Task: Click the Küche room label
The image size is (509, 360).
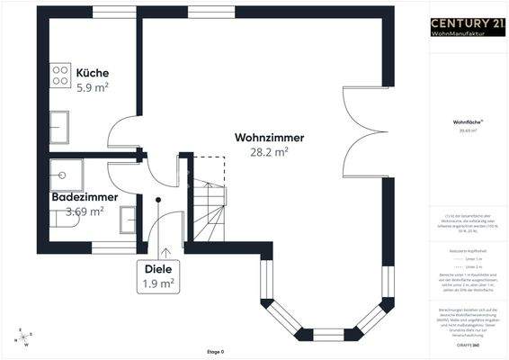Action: click(x=93, y=73)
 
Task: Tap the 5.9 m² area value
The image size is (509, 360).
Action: click(x=93, y=88)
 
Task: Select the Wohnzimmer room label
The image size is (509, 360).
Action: click(x=269, y=138)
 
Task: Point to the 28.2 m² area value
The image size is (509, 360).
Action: click(x=269, y=153)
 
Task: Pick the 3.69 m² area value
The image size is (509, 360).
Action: click(x=85, y=211)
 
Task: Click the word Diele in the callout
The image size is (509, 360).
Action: click(x=157, y=267)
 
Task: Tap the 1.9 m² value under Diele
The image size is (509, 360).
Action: click(x=157, y=283)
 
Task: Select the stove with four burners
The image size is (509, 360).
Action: click(x=61, y=75)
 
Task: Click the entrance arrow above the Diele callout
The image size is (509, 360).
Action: click(x=165, y=252)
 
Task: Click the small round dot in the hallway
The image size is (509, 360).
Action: click(x=158, y=200)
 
